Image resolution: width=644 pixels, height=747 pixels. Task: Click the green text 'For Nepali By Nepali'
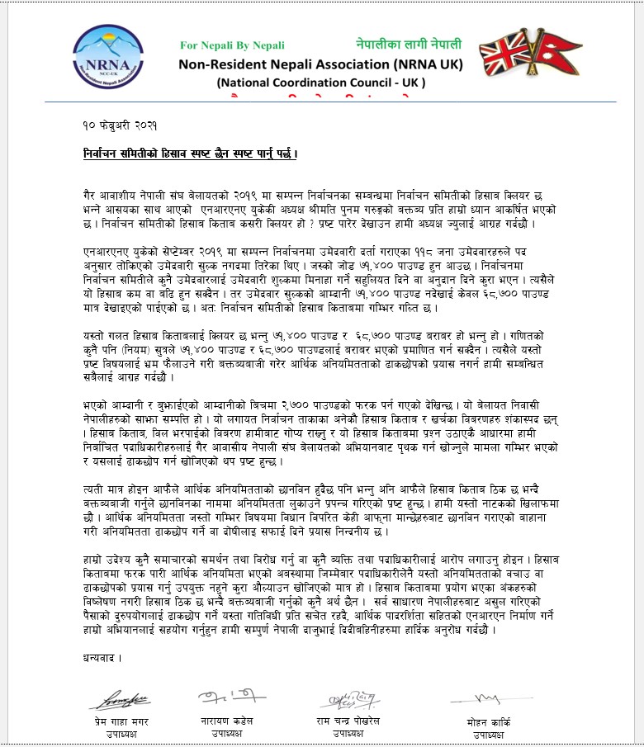(x=232, y=45)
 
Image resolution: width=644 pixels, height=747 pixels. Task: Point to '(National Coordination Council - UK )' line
(x=320, y=83)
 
